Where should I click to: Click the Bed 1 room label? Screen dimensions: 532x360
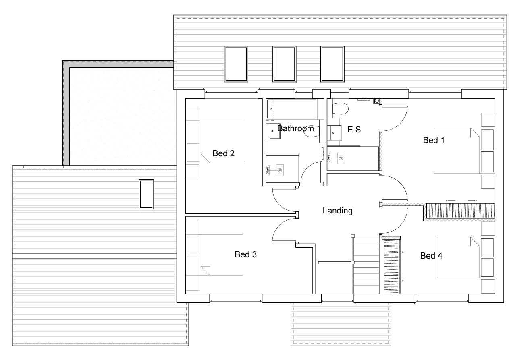433,140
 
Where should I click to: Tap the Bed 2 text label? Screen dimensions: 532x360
223,153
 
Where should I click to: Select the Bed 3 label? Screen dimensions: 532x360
245,254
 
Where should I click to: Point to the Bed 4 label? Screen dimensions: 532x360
431,256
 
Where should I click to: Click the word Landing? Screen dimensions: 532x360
337,211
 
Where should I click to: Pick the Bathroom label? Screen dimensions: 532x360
295,128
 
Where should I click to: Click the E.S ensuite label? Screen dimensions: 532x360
354,130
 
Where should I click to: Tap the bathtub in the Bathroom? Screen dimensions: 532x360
292,109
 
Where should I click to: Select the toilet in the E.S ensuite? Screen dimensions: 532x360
340,109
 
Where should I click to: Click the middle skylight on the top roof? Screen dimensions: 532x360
284,64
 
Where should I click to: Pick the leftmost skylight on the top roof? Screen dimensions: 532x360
236,64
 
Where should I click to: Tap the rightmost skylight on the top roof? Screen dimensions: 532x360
332,64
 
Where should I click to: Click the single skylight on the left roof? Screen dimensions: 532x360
146,194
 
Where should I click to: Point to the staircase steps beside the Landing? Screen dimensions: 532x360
366,266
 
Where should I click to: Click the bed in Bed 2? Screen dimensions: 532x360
222,143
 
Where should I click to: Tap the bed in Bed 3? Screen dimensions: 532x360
222,255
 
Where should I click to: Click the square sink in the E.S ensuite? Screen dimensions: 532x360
336,133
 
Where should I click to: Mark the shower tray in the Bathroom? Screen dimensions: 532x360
282,169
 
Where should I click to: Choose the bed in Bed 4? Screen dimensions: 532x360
458,257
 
